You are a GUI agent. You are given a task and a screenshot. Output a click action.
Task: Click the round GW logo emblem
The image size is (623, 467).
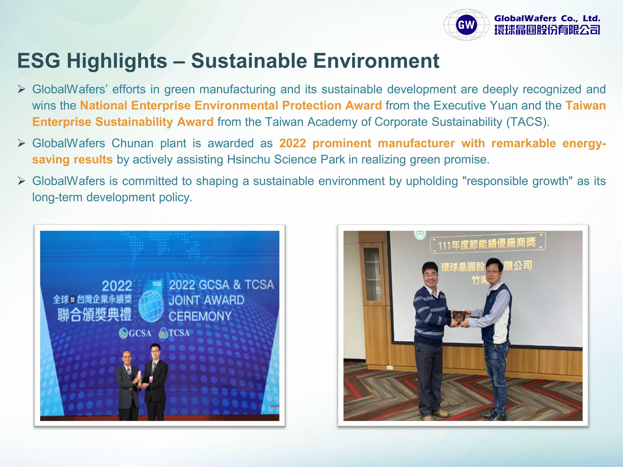(x=467, y=25)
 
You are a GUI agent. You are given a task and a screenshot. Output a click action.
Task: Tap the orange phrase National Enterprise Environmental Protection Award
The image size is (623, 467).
(x=231, y=106)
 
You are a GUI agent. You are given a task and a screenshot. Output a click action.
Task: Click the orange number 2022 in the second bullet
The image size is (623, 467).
(x=292, y=143)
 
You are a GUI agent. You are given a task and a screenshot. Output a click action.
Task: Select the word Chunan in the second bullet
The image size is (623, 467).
(x=132, y=143)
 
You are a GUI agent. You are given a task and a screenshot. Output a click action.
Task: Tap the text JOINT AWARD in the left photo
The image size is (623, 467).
(x=206, y=300)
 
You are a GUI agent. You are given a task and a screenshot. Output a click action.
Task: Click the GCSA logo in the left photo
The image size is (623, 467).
(x=135, y=333)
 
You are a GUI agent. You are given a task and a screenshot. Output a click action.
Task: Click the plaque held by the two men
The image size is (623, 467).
(x=460, y=318)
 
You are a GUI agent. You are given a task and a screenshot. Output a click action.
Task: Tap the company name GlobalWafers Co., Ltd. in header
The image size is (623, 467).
(x=547, y=18)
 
